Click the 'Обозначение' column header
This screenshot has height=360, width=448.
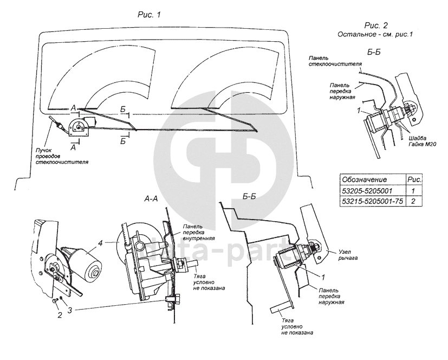coord(362,179)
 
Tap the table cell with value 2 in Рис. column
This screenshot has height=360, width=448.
coord(414,202)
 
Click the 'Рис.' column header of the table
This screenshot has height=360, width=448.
coord(414,179)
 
